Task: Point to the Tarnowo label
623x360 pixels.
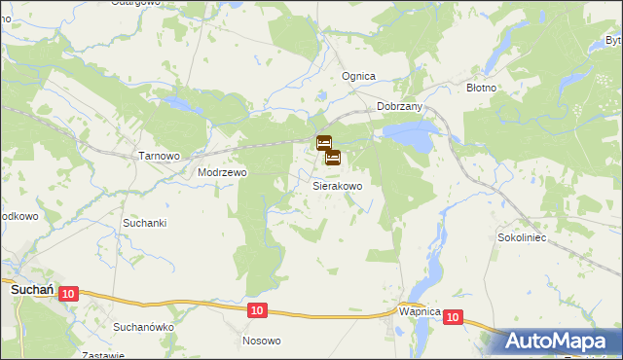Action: coord(160,156)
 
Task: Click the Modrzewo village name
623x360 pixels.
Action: coord(223,172)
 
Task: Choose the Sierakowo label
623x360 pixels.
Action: coord(338,185)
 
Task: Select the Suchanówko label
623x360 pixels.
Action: coord(143,327)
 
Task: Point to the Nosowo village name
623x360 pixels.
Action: coord(261,341)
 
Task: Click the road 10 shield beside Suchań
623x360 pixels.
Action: coord(68,293)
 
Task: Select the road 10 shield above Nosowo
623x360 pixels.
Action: coord(255,309)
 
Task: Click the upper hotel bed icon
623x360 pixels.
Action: coord(324,143)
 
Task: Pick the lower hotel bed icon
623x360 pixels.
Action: coord(332,157)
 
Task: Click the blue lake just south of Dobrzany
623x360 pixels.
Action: coord(408,135)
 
